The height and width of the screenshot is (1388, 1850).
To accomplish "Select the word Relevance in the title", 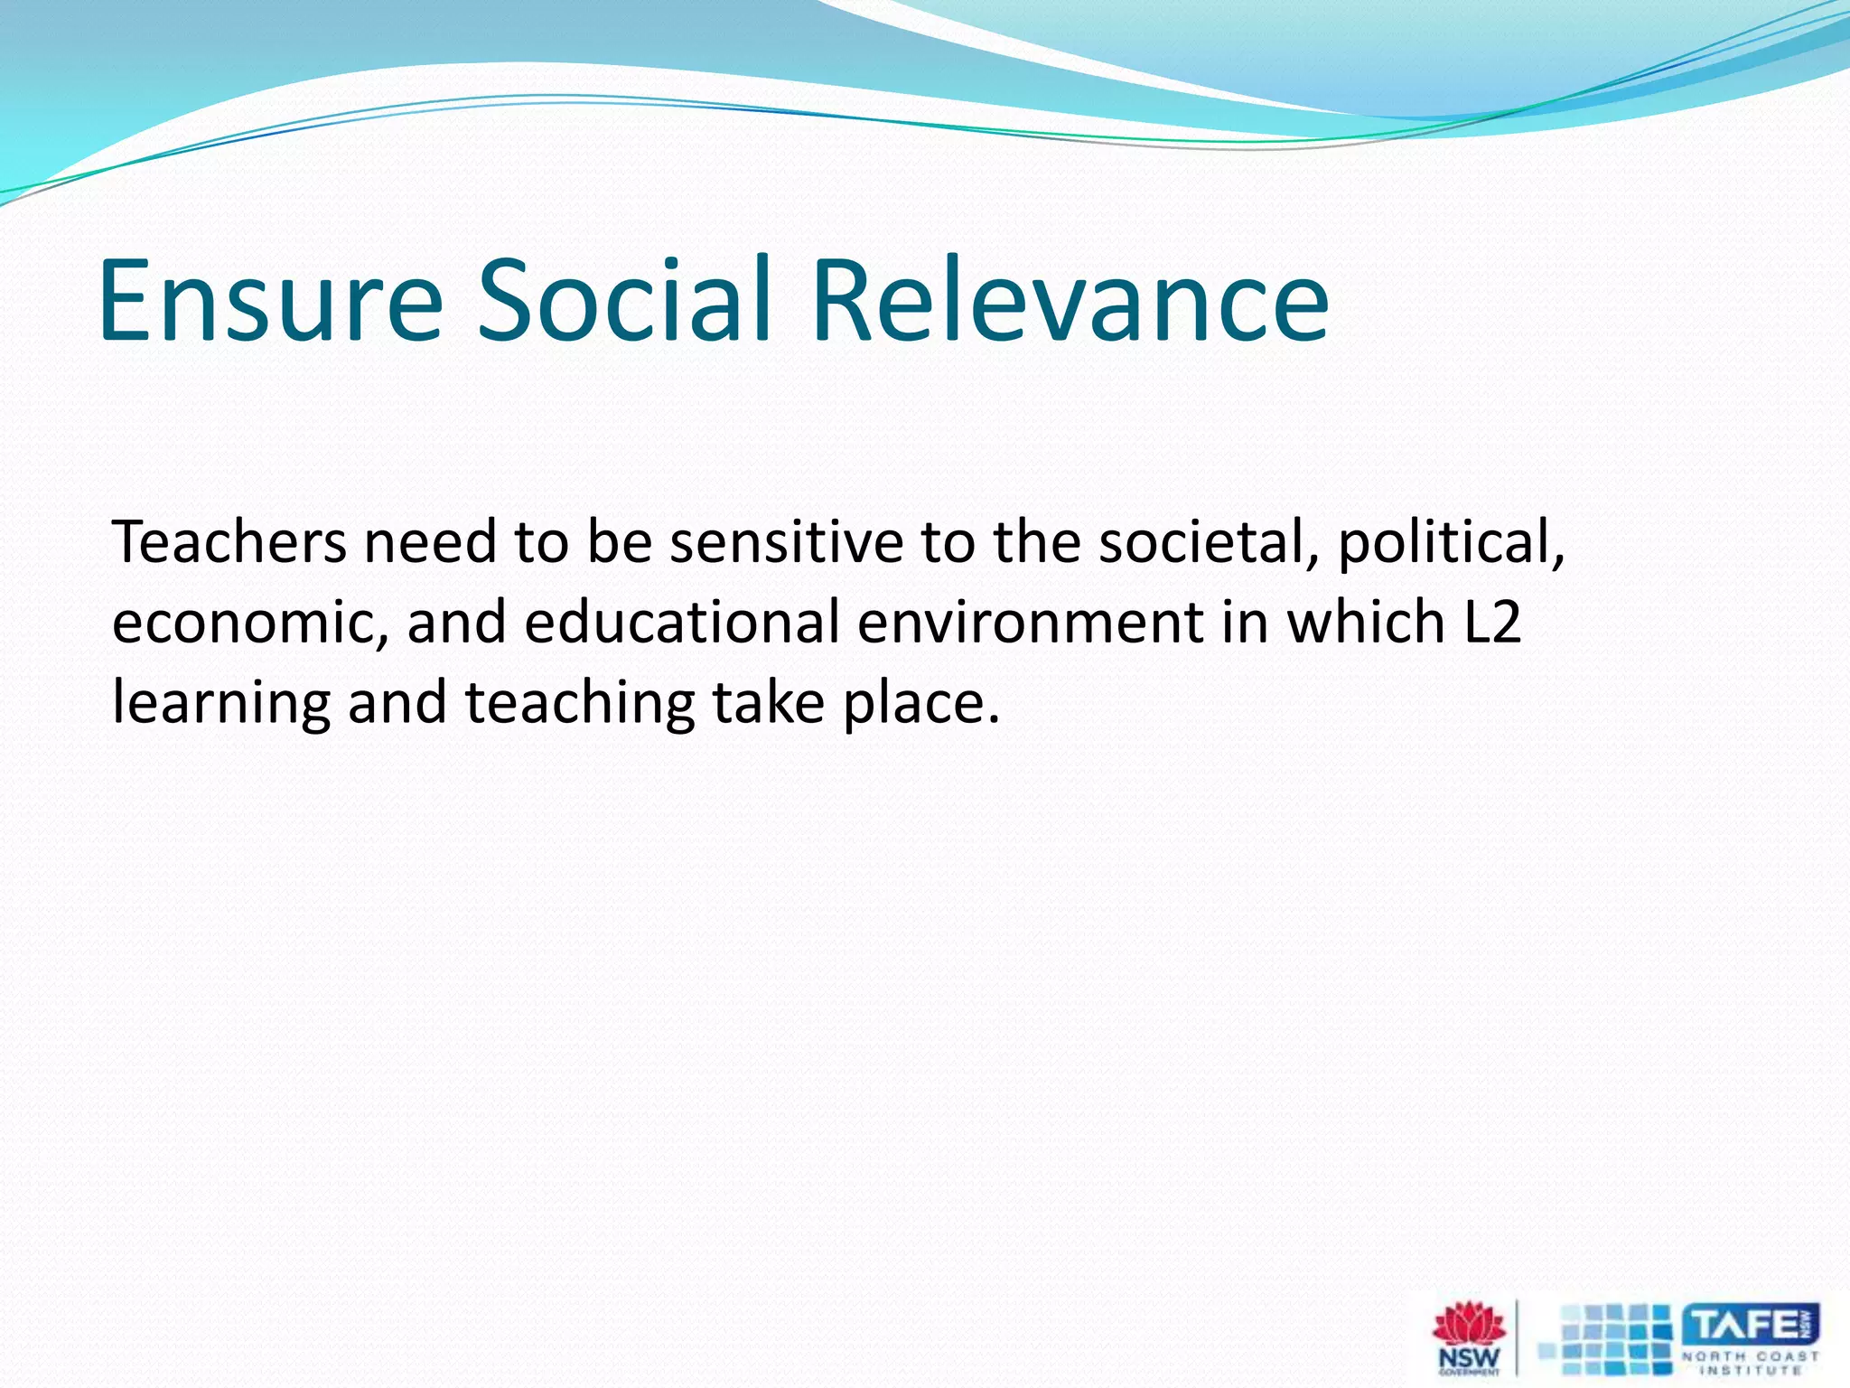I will [x=1070, y=301].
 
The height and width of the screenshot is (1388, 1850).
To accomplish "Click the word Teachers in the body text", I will [x=229, y=543].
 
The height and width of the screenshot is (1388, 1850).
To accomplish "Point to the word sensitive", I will [x=786, y=543].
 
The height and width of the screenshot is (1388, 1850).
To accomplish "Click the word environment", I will [x=1031, y=624].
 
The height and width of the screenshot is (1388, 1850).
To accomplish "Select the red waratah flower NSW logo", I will [x=1470, y=1328].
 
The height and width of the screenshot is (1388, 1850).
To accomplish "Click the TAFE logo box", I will [x=1750, y=1327].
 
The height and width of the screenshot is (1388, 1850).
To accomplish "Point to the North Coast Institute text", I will [x=1750, y=1362].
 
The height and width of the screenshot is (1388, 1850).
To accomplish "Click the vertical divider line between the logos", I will [x=1517, y=1338].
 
